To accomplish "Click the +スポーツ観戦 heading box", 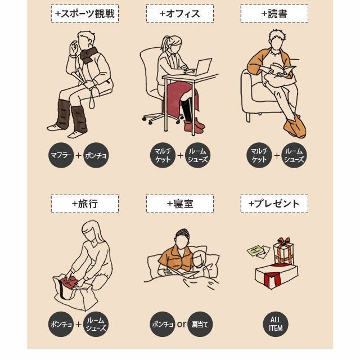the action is click(x=85, y=13).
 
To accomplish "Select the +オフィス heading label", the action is click(x=180, y=13).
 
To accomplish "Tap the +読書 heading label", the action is click(x=274, y=13).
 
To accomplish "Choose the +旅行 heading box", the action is click(x=85, y=204).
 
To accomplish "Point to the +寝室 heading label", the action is click(x=180, y=204).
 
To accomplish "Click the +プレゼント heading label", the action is click(x=274, y=204).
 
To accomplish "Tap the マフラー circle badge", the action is click(x=61, y=155).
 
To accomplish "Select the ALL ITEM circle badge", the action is click(x=276, y=324).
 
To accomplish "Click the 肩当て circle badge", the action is click(x=200, y=324).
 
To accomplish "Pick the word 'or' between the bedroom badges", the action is click(x=181, y=325).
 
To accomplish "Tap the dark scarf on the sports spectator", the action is click(x=88, y=55).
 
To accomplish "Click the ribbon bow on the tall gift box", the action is click(x=283, y=241).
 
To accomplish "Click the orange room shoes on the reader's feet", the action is click(x=295, y=127).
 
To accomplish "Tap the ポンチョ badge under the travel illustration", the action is click(x=61, y=324).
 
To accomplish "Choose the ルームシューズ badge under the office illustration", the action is click(x=197, y=155).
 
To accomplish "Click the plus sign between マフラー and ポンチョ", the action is click(x=79, y=155).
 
